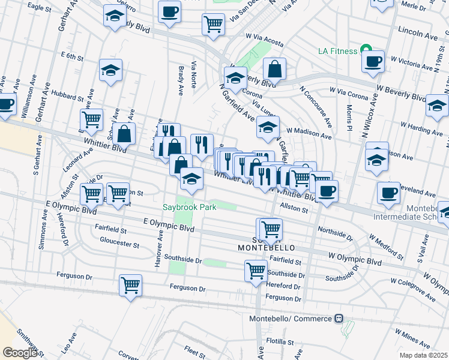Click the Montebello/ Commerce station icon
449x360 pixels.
click(x=339, y=318)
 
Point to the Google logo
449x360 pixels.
click(x=20, y=353)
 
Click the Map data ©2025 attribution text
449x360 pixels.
click(x=423, y=355)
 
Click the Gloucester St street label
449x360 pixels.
click(x=119, y=245)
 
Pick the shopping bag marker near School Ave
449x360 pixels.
click(x=124, y=134)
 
